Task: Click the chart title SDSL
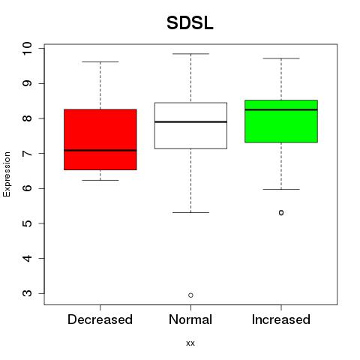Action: pos(190,23)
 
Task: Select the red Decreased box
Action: pos(100,139)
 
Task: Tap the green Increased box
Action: pos(281,121)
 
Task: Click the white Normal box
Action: pos(190,125)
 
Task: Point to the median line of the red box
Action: pos(100,150)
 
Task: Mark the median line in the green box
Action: pos(281,109)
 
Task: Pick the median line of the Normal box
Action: pos(190,121)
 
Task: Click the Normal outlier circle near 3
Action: pos(190,295)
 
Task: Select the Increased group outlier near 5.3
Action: pos(281,213)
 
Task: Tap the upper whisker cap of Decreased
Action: pos(100,61)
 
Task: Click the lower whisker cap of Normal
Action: pos(190,212)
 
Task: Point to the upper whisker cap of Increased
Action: pos(281,58)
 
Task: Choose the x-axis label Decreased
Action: pos(100,319)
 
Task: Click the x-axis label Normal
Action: pos(190,319)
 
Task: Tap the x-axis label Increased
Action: pos(281,319)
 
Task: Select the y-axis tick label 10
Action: pos(27,49)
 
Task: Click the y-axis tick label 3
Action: pos(27,293)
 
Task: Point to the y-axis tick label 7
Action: pos(27,153)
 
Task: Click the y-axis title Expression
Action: pos(7,174)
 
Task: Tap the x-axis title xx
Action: pos(190,343)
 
